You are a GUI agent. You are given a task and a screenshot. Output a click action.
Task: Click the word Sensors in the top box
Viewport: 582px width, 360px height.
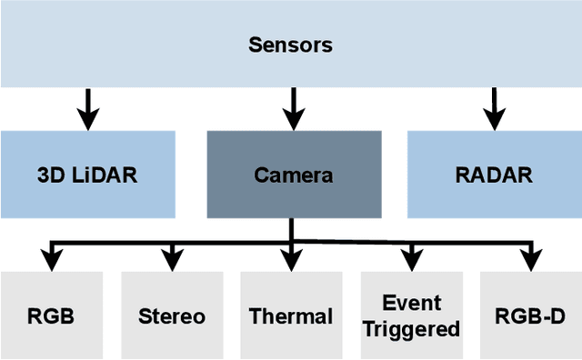click(290, 45)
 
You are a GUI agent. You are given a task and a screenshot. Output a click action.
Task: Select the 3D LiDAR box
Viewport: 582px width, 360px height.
click(87, 175)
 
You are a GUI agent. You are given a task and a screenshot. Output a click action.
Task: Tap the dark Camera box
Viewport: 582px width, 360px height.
click(294, 175)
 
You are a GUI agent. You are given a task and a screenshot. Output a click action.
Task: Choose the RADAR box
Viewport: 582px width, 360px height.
click(494, 175)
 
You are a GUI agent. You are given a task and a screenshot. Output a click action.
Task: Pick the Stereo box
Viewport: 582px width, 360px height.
click(171, 316)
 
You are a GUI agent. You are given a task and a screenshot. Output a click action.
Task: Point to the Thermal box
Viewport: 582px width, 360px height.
click(291, 316)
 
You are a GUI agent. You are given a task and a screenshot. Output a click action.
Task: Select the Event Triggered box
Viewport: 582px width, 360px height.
click(411, 316)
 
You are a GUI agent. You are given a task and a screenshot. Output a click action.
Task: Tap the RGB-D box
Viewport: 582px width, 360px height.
click(530, 316)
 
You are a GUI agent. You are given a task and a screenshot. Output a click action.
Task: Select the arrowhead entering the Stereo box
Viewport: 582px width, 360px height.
click(171, 261)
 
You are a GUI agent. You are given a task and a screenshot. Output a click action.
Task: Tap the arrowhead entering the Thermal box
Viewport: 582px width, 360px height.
click(291, 261)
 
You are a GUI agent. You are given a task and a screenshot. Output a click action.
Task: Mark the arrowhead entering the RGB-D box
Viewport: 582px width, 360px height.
click(530, 261)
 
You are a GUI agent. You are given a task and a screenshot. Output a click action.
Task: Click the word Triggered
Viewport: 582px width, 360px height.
click(411, 329)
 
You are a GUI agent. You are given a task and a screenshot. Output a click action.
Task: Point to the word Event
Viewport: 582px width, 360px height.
click(411, 303)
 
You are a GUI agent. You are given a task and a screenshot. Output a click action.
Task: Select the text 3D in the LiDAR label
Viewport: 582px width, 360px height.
click(50, 175)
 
